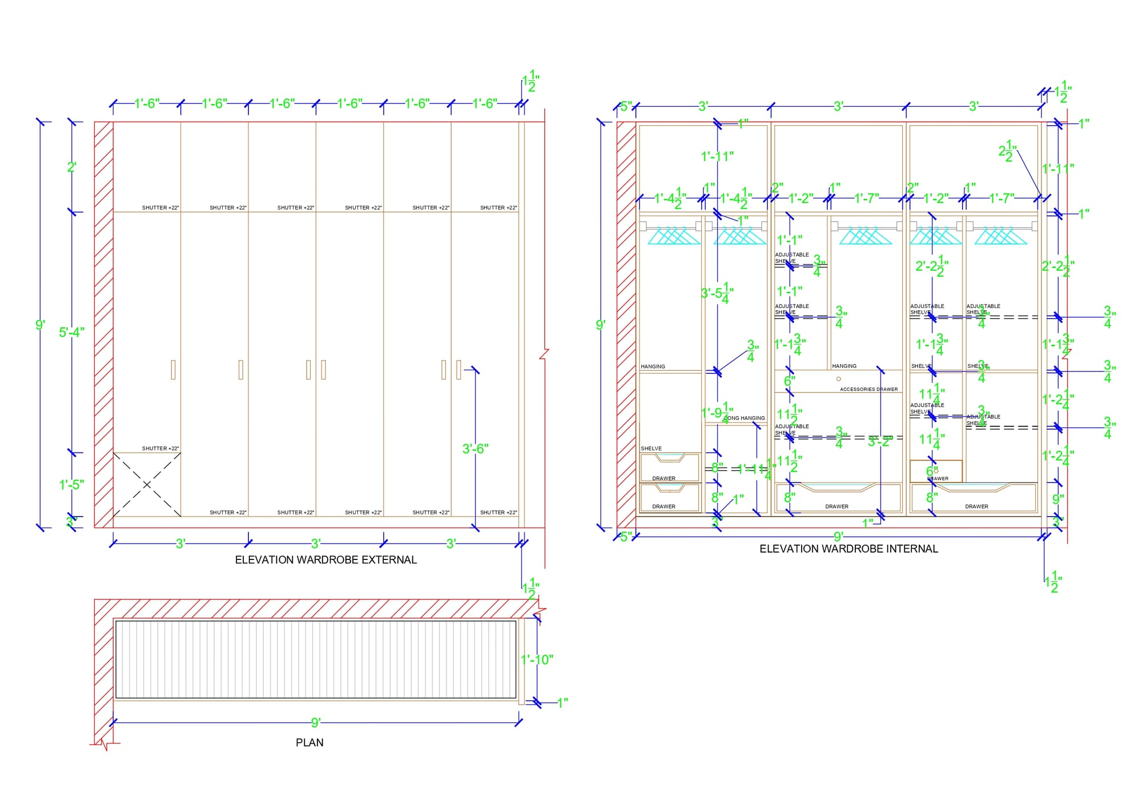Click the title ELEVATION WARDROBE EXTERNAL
(x=325, y=560)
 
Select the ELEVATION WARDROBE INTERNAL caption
(x=849, y=549)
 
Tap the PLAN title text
(x=309, y=743)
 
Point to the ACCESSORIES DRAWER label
(x=868, y=389)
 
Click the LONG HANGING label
(x=745, y=418)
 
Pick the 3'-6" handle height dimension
(x=475, y=449)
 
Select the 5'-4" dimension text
(x=71, y=332)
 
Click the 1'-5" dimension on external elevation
(x=71, y=485)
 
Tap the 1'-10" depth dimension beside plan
(x=537, y=660)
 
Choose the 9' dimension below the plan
(x=316, y=723)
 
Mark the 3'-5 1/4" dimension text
(x=717, y=293)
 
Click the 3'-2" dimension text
(x=880, y=442)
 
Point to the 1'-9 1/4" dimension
(x=717, y=412)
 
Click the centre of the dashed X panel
(x=147, y=485)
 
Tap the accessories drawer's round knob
(x=838, y=379)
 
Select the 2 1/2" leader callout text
(x=1007, y=151)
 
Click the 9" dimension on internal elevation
(x=1058, y=499)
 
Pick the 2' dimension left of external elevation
(x=71, y=167)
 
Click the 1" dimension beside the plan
(x=562, y=703)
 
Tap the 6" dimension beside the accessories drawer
(x=789, y=381)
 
